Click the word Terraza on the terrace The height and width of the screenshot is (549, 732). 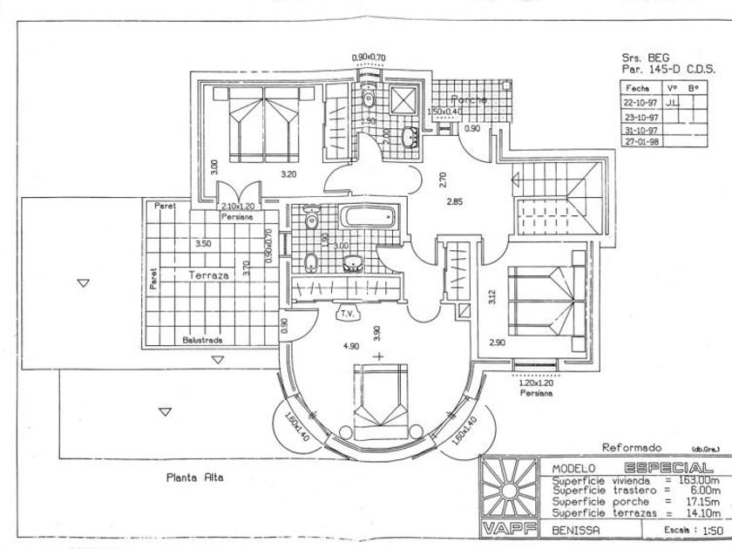point(208,274)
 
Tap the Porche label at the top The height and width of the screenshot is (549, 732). point(468,100)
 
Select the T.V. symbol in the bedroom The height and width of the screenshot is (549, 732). point(346,313)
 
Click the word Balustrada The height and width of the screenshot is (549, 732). point(202,340)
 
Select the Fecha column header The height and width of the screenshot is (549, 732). point(638,89)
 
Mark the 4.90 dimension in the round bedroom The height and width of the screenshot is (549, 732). point(351,346)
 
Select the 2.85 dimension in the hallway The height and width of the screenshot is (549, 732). point(453,201)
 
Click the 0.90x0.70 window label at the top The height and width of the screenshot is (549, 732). point(369,58)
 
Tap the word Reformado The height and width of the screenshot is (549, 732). point(633,446)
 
